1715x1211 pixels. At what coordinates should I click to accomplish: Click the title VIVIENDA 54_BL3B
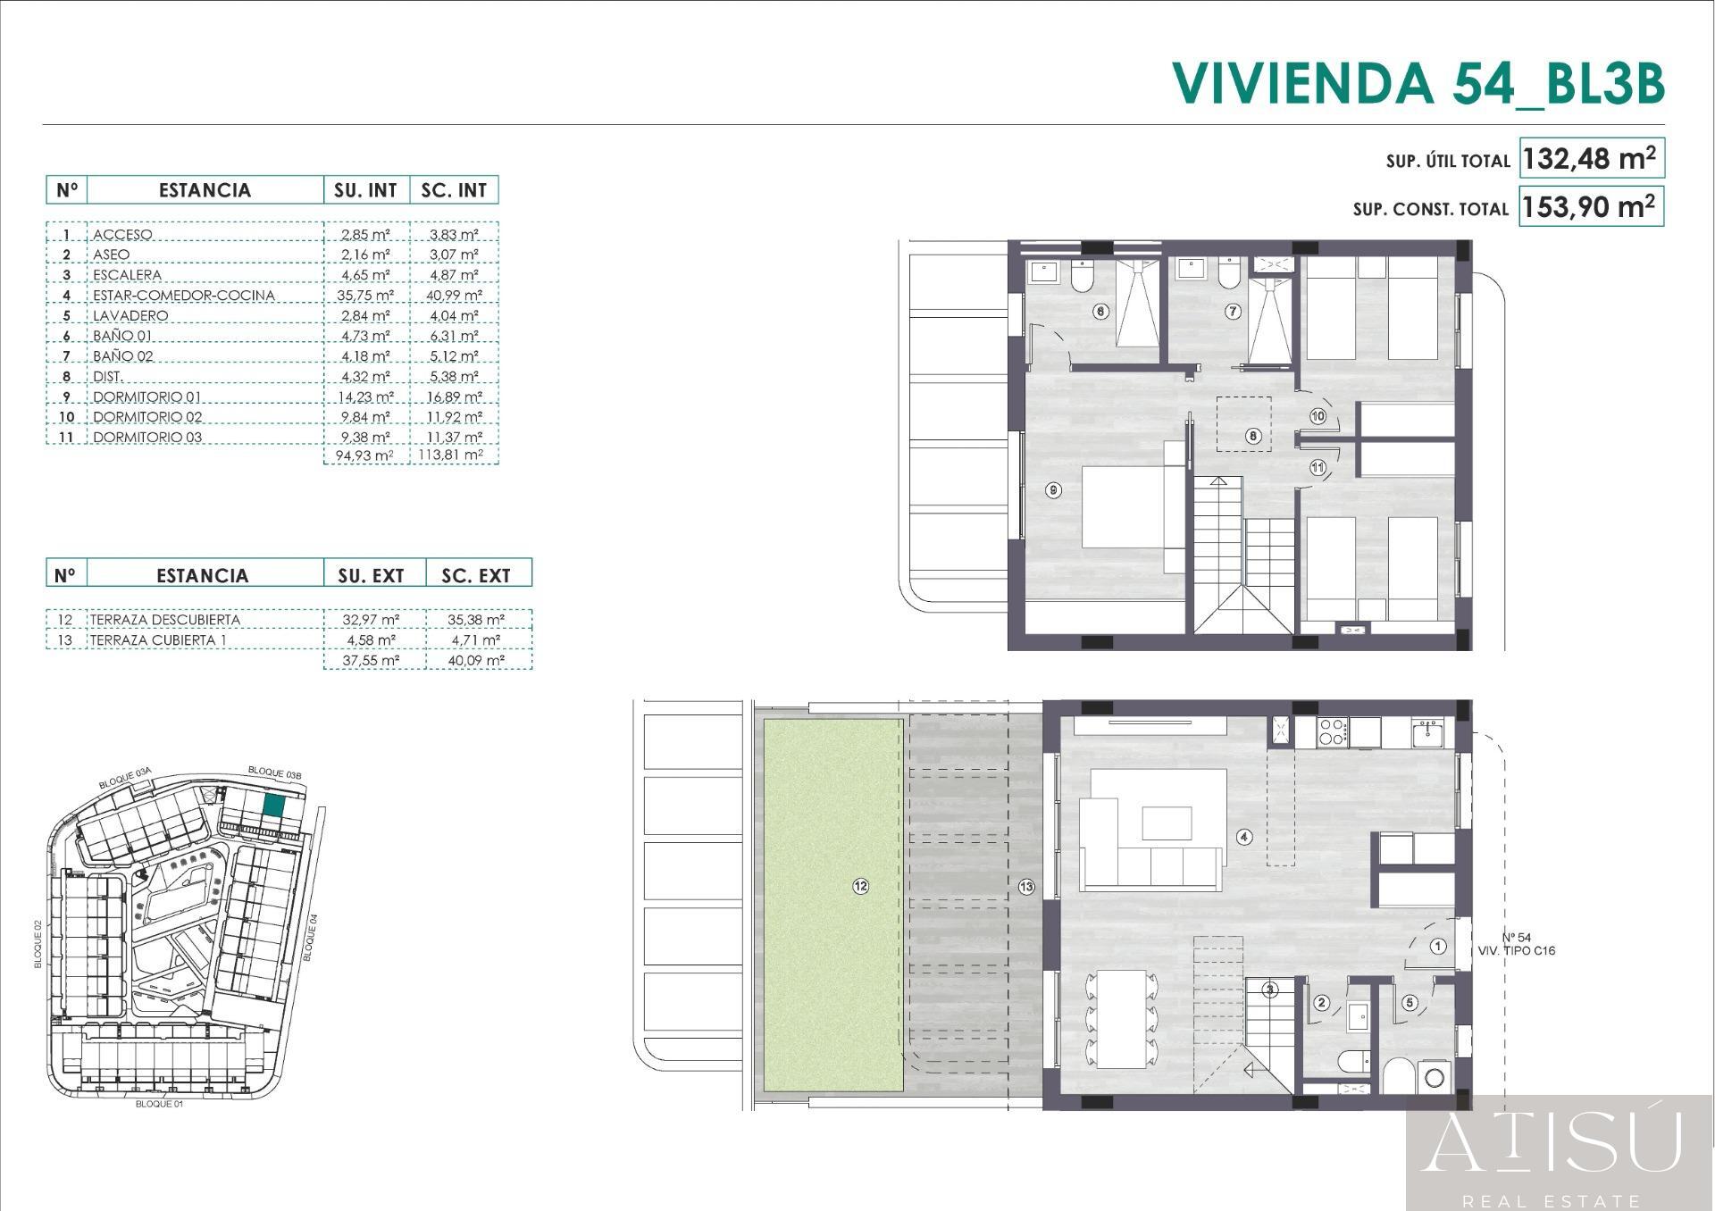[1418, 83]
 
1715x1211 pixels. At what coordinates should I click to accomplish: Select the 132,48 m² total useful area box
[1591, 159]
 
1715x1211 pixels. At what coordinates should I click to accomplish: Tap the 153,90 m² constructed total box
[1591, 207]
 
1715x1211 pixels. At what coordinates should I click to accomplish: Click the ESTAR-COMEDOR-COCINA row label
[184, 296]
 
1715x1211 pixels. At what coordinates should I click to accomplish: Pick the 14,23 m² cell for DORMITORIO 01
[365, 397]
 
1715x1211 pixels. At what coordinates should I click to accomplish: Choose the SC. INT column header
[454, 190]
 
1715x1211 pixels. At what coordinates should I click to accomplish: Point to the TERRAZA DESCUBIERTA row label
[164, 620]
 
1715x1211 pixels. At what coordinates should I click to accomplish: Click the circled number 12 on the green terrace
[860, 886]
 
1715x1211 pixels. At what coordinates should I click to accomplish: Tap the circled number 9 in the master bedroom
[1054, 490]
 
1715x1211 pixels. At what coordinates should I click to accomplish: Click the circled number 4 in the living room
[1244, 837]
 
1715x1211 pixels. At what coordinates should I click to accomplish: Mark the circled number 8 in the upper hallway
[1254, 436]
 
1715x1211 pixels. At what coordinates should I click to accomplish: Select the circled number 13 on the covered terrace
[1025, 886]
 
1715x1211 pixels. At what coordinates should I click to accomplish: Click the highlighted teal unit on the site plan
[273, 806]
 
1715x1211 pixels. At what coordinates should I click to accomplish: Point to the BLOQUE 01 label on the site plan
[159, 1104]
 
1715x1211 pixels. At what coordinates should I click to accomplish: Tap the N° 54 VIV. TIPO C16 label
[1517, 944]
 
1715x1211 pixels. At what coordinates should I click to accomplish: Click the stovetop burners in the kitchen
[1333, 732]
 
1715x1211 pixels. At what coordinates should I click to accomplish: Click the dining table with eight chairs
[1122, 1019]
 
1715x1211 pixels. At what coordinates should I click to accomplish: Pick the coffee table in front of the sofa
[1167, 823]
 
